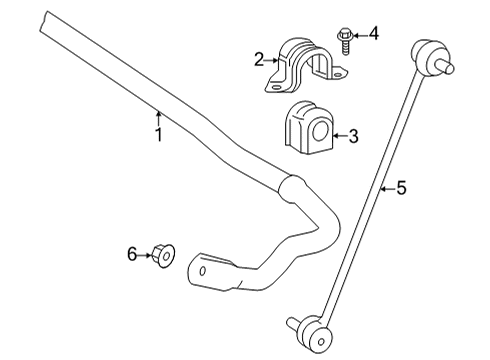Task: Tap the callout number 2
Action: tap(258, 60)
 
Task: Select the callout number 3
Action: tap(353, 136)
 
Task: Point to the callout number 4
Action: tap(374, 35)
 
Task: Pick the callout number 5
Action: tap(402, 186)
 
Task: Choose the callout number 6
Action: tap(131, 255)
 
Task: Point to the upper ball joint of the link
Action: tap(427, 59)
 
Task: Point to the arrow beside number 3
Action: tap(338, 136)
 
